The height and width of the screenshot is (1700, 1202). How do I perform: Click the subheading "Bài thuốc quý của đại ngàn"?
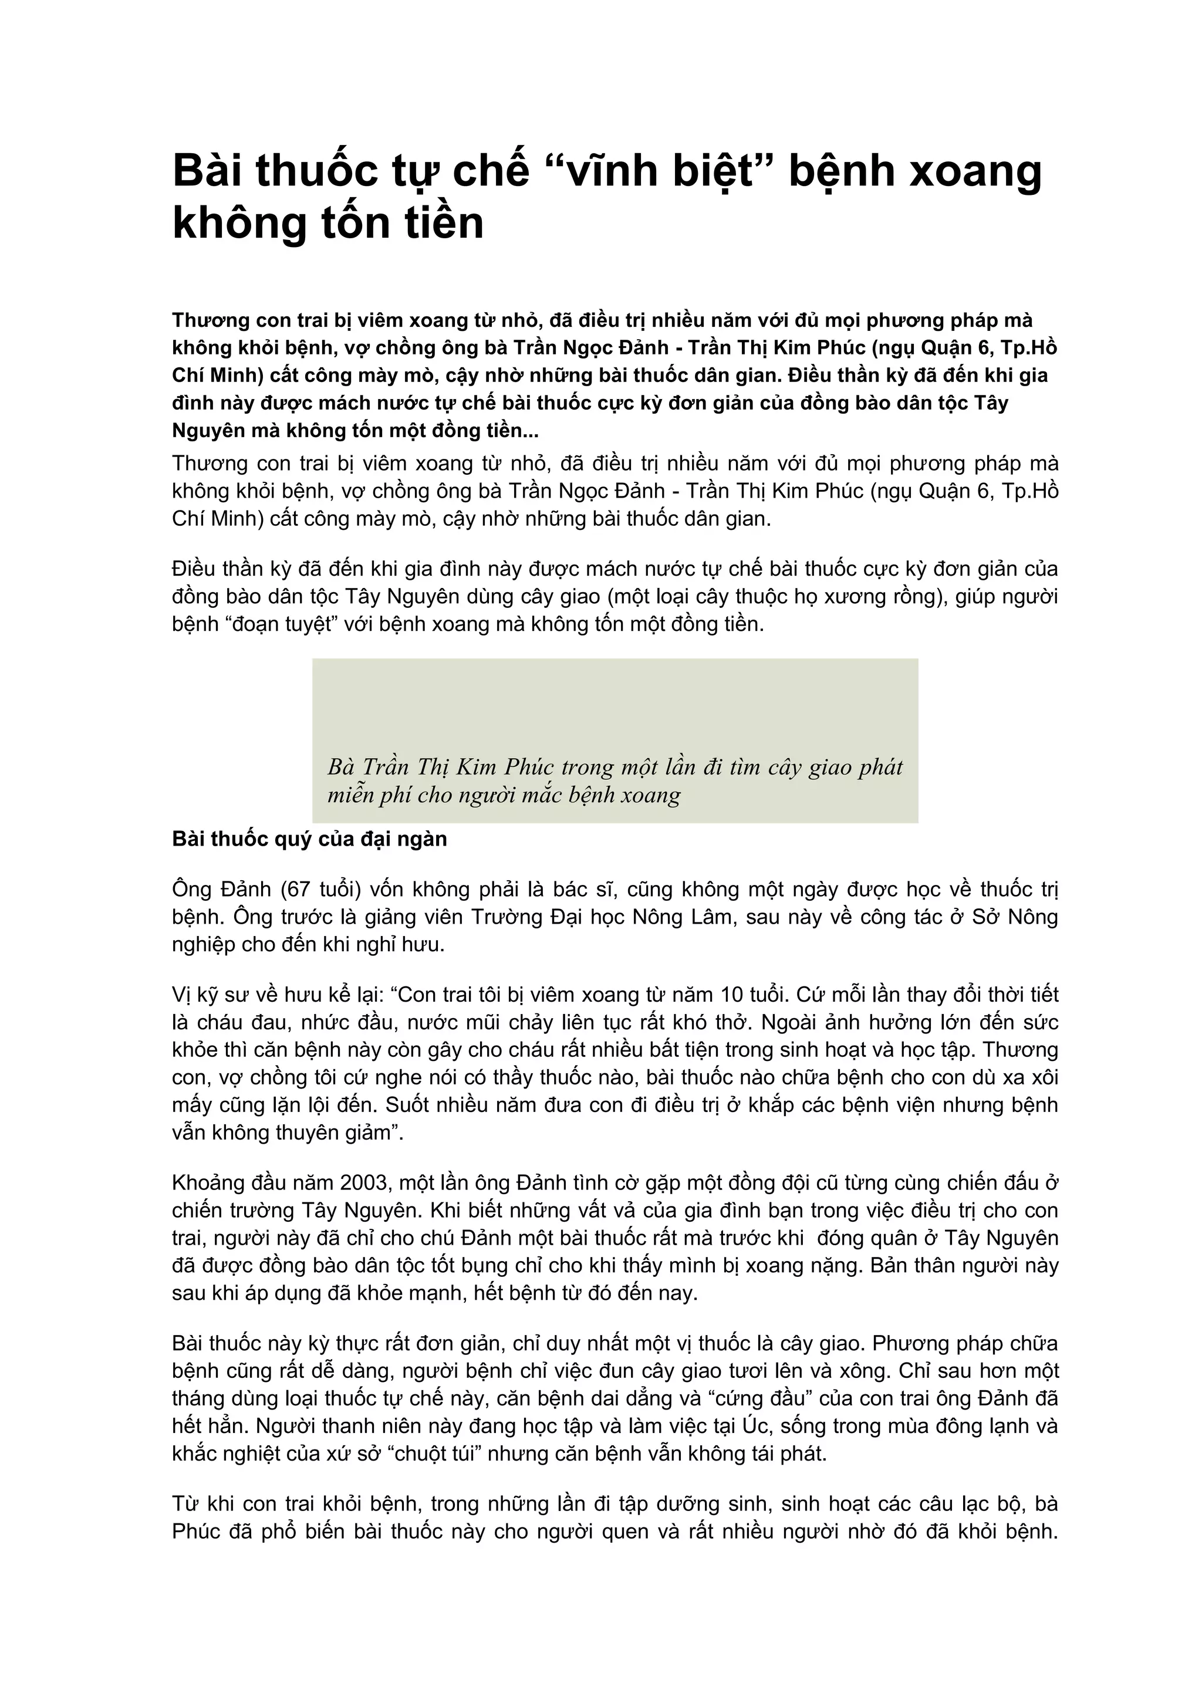(309, 839)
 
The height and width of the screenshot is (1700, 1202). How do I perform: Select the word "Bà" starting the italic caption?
(342, 766)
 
